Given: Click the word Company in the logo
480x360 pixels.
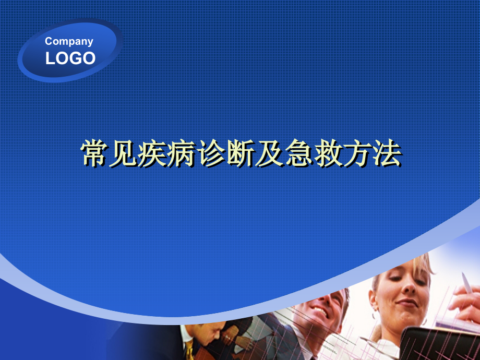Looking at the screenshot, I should point(69,41).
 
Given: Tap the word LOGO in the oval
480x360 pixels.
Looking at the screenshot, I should point(70,58).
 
